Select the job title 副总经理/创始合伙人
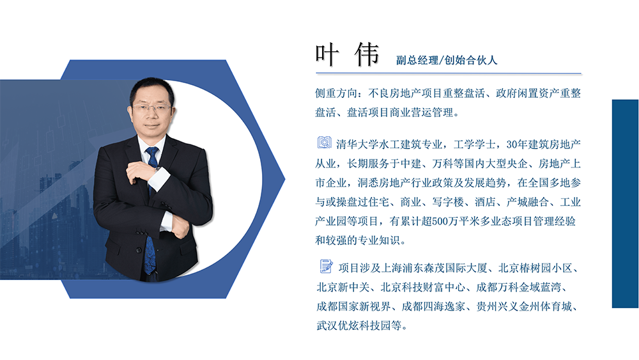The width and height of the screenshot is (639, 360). click(x=447, y=60)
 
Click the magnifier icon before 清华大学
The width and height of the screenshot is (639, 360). click(x=325, y=142)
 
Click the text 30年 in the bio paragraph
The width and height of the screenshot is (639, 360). click(x=515, y=143)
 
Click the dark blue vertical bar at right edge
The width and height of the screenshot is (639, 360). click(x=625, y=203)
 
